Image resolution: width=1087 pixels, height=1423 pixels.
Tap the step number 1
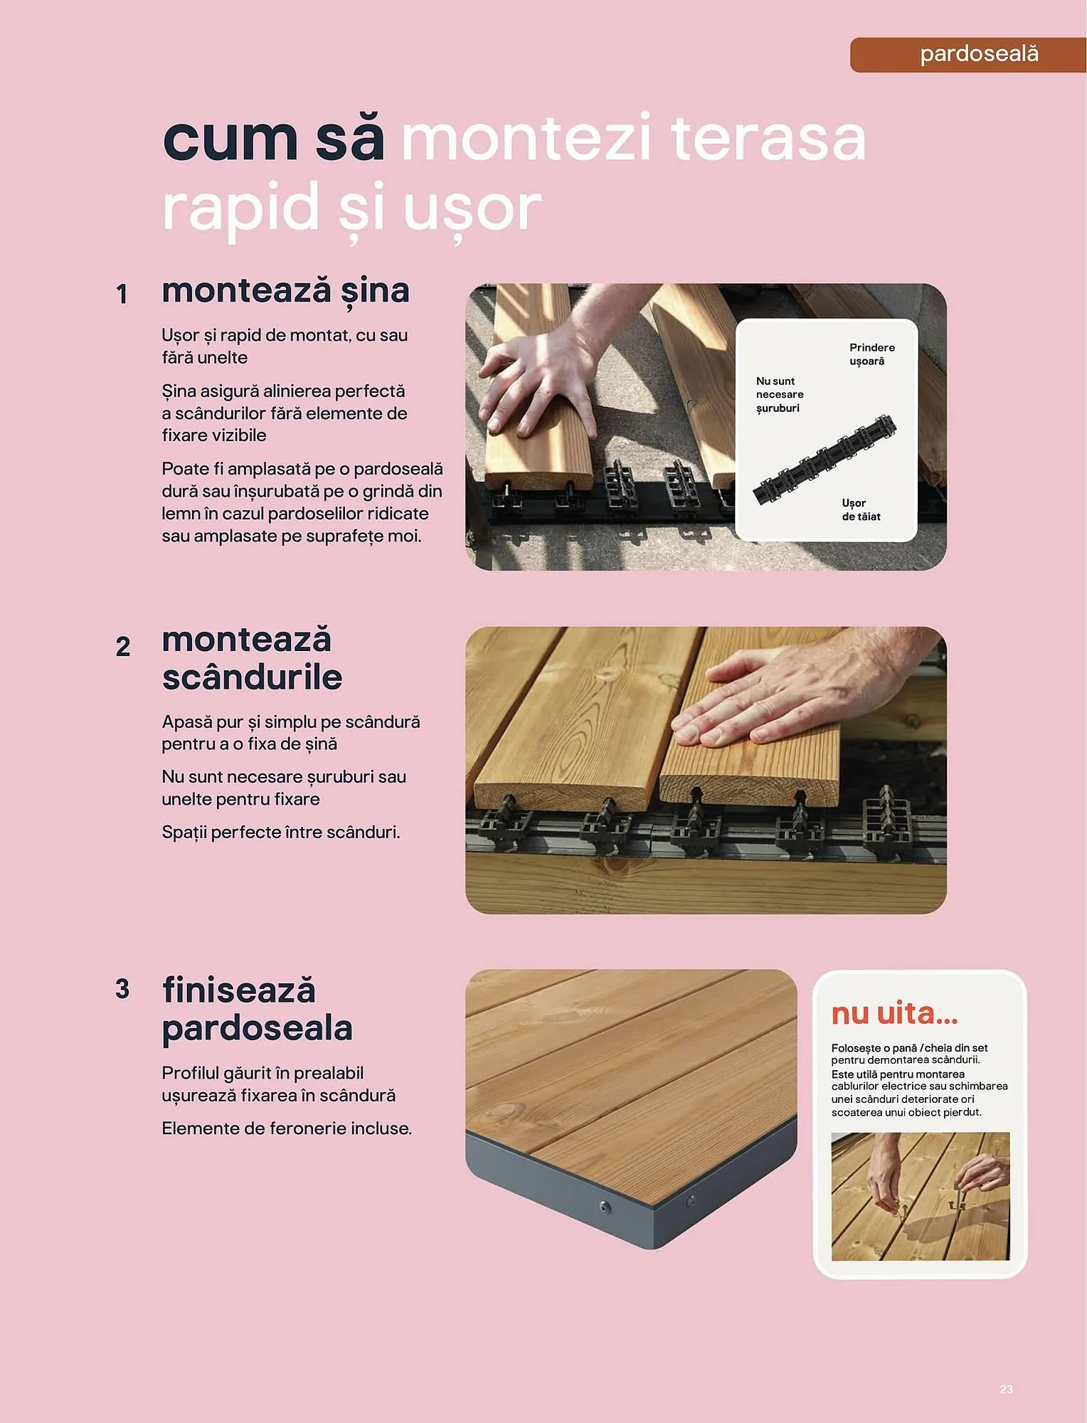click(x=122, y=294)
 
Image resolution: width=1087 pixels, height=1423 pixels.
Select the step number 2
click(x=123, y=647)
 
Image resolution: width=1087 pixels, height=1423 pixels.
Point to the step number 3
click(x=122, y=989)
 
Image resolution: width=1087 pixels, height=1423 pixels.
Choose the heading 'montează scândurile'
click(x=251, y=658)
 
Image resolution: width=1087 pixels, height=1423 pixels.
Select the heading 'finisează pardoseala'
click(x=256, y=1009)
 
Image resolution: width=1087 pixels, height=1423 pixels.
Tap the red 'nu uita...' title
click(x=894, y=1013)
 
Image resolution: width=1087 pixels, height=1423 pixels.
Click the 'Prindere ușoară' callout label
click(x=871, y=354)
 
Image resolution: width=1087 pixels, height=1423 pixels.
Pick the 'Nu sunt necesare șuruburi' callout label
click(x=779, y=395)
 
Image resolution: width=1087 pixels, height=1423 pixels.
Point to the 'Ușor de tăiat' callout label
click(x=861, y=509)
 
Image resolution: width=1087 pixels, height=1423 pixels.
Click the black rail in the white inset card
click(x=824, y=460)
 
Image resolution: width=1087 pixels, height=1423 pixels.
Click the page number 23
click(x=1006, y=1389)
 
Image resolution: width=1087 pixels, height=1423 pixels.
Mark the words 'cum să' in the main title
click(x=273, y=138)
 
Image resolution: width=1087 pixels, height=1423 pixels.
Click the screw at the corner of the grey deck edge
click(x=605, y=1207)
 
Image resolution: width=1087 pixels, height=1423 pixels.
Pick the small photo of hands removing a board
click(x=920, y=1196)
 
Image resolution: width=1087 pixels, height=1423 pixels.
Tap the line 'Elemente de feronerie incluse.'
click(x=286, y=1128)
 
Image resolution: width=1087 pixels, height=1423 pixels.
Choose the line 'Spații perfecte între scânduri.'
click(x=280, y=832)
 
